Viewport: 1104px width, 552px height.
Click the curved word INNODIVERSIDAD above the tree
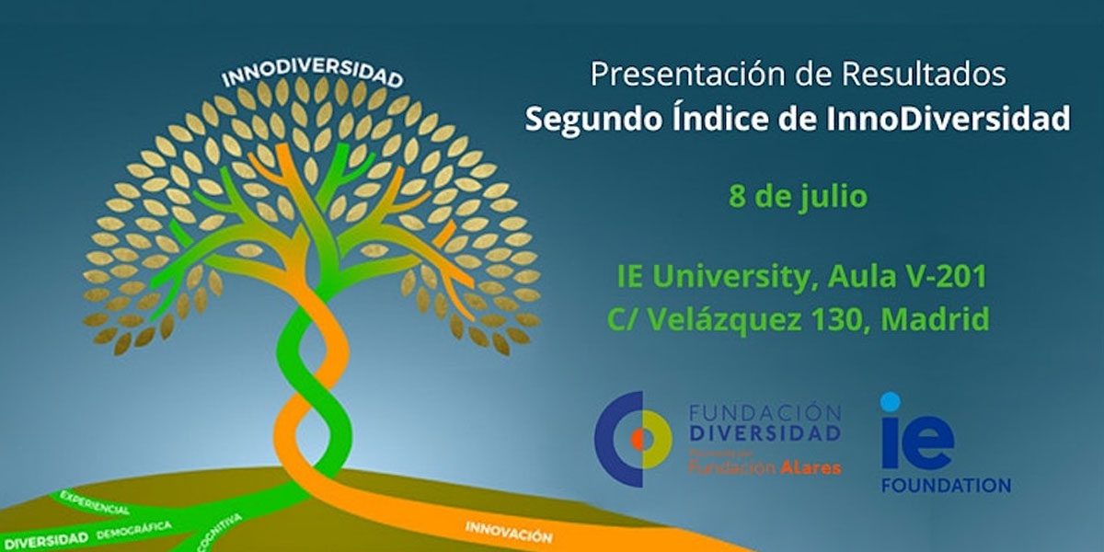click(x=312, y=75)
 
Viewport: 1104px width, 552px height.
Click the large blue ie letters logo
click(x=916, y=435)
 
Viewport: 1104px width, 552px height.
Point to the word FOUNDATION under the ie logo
click(x=945, y=485)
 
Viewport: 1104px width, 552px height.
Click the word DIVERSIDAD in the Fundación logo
click(x=765, y=433)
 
